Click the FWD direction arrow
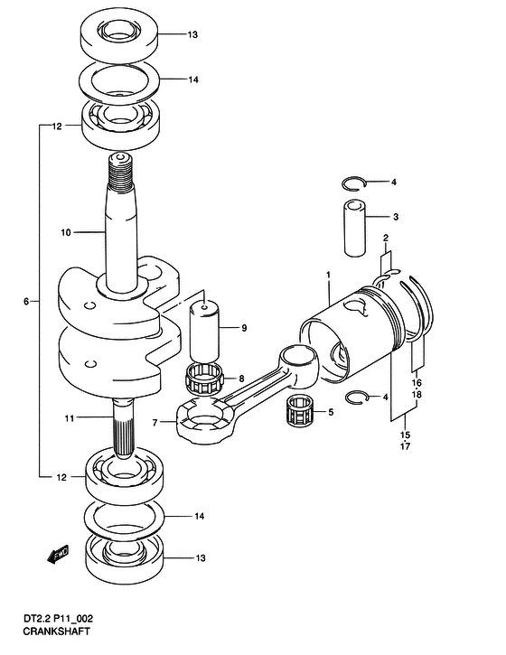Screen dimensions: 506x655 tap(58, 555)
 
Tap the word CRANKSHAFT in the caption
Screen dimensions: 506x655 tap(56, 632)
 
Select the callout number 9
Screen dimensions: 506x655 tap(244, 328)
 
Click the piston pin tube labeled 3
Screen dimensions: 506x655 tap(355, 228)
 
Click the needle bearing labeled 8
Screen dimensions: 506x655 tap(203, 379)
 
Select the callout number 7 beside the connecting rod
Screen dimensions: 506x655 tap(155, 423)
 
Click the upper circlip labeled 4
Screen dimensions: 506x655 tap(354, 184)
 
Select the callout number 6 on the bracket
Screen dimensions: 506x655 tap(26, 301)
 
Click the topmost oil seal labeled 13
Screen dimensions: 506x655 tap(118, 35)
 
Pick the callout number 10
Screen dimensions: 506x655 tap(66, 232)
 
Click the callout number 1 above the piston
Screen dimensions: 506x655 tap(328, 275)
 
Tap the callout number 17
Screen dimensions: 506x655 tap(405, 446)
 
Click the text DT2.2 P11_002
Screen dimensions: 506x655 tap(58, 618)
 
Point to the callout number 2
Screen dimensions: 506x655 tap(386, 239)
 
